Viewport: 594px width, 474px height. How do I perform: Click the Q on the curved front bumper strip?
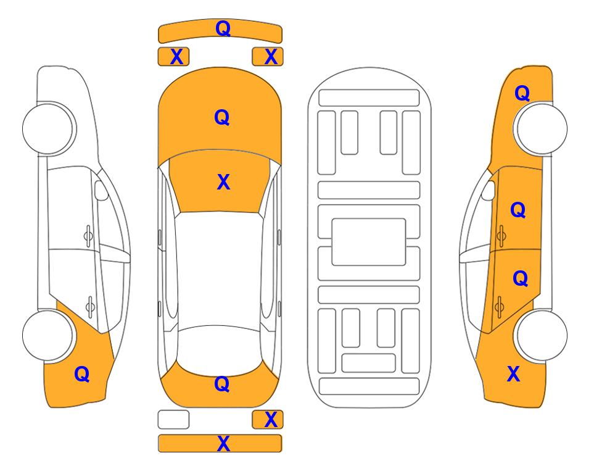pyautogui.click(x=223, y=28)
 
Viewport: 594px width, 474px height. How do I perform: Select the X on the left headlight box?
pyautogui.click(x=177, y=57)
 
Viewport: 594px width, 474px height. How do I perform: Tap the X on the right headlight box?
pyautogui.click(x=271, y=57)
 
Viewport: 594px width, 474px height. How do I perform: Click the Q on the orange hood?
pyautogui.click(x=222, y=117)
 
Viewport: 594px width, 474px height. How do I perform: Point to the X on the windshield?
pyautogui.click(x=223, y=182)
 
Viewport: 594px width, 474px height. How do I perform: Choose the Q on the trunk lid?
pyautogui.click(x=222, y=384)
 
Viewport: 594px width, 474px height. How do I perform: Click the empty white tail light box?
pyautogui.click(x=173, y=420)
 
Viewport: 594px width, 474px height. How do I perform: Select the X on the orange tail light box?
pyautogui.click(x=271, y=420)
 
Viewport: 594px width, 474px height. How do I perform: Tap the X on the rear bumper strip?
pyautogui.click(x=223, y=444)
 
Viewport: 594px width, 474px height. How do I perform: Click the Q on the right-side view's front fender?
pyautogui.click(x=522, y=93)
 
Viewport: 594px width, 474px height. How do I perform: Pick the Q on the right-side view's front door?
pyautogui.click(x=518, y=210)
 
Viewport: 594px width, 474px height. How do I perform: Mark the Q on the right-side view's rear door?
pyautogui.click(x=521, y=279)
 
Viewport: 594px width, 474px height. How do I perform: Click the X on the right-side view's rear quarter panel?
pyautogui.click(x=513, y=374)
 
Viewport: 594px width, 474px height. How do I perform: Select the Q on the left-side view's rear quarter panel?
pyautogui.click(x=82, y=374)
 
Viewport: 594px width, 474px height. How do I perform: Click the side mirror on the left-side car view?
pyautogui.click(x=101, y=190)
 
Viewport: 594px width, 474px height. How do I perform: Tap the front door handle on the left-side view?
pyautogui.click(x=88, y=236)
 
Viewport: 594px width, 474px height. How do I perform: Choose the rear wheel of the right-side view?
pyautogui.click(x=540, y=335)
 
